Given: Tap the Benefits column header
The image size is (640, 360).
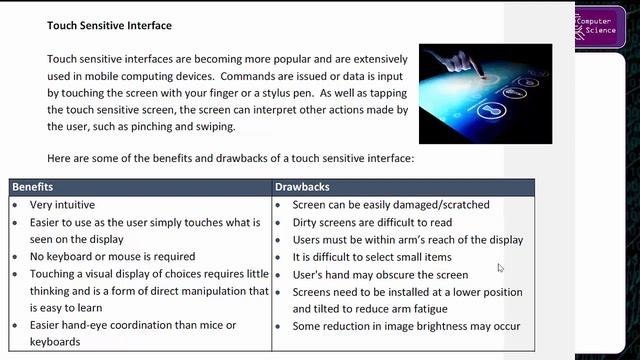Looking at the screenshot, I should click(x=33, y=187).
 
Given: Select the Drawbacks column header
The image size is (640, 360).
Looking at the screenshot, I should click(x=302, y=187).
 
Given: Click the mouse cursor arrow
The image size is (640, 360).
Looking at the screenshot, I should click(x=501, y=268).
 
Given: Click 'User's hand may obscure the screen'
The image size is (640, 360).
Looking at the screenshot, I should click(x=380, y=275).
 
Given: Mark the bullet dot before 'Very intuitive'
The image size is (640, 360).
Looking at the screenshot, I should click(x=17, y=204).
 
